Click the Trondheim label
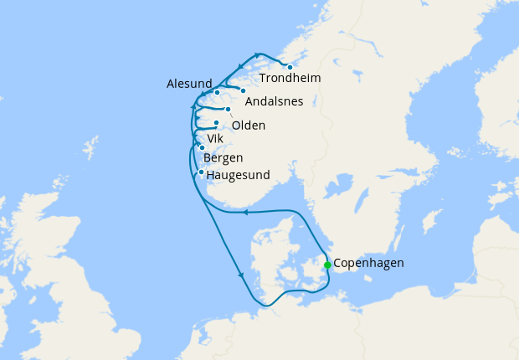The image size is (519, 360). (290, 79)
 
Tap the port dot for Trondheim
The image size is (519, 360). (290, 67)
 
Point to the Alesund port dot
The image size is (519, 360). (217, 92)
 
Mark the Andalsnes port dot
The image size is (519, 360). (243, 90)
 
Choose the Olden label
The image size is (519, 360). (249, 126)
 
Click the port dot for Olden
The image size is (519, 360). (228, 109)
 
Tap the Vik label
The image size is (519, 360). (215, 139)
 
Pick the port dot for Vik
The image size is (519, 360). (216, 123)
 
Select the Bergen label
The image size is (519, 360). (224, 157)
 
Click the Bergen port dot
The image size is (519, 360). (202, 147)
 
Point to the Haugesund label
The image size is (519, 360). (238, 176)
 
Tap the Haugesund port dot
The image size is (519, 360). (201, 172)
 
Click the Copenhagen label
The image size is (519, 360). (368, 263)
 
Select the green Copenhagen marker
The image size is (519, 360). (327, 265)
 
